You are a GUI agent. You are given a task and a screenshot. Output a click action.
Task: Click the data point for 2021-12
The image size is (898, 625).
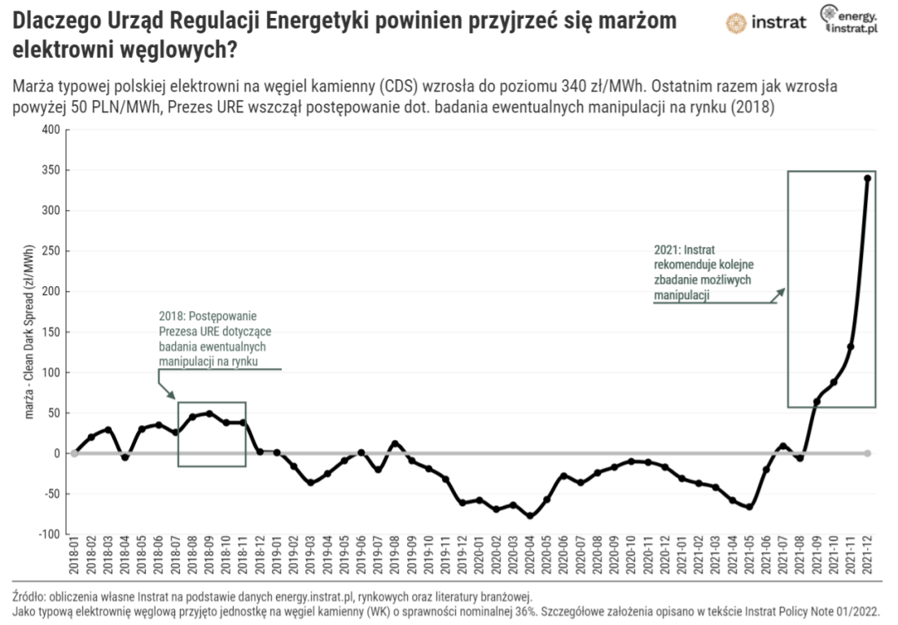[x=867, y=178]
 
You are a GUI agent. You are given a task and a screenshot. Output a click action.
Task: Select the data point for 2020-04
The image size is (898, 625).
[x=530, y=516]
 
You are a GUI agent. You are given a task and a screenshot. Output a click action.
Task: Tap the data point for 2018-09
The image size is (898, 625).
[x=209, y=413]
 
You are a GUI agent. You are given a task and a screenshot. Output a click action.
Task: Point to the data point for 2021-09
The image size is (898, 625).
[x=817, y=401]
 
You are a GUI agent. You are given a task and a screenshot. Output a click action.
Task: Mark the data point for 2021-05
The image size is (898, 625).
[x=749, y=507]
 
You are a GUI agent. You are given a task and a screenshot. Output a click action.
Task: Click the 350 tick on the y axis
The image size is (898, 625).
[x=50, y=170]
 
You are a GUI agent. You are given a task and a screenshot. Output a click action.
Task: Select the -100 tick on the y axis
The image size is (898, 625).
[x=49, y=534]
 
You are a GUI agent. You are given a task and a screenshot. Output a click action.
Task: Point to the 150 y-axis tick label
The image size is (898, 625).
[x=50, y=332]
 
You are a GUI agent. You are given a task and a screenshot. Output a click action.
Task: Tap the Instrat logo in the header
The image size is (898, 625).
[x=766, y=22]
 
